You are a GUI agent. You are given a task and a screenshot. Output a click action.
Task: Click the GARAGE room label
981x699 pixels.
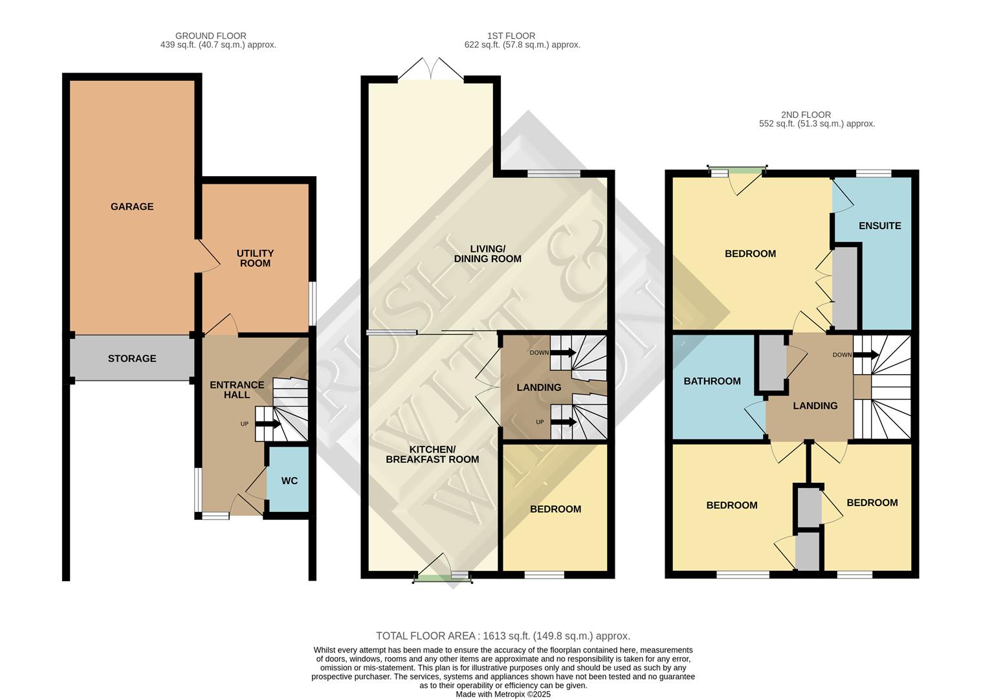pyautogui.click(x=132, y=206)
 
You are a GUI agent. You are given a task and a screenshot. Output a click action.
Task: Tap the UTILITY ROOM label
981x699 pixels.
pyautogui.click(x=255, y=258)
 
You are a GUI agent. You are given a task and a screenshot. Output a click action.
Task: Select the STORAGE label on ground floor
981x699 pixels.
pyautogui.click(x=132, y=358)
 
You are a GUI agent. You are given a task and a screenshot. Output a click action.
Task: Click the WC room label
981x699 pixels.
pyautogui.click(x=289, y=480)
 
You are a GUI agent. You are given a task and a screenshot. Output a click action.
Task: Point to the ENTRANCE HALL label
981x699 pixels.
pyautogui.click(x=237, y=390)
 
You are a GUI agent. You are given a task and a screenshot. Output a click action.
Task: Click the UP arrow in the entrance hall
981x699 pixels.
pyautogui.click(x=267, y=425)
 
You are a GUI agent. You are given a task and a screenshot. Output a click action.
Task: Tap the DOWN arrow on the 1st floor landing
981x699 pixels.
pyautogui.click(x=562, y=353)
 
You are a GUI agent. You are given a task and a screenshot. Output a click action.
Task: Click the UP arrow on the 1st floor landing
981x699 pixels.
pyautogui.click(x=562, y=423)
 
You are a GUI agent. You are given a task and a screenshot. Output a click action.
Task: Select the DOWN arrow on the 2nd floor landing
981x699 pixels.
pyautogui.click(x=865, y=355)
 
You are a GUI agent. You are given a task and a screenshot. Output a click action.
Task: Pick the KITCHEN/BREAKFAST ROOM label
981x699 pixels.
pyautogui.click(x=432, y=454)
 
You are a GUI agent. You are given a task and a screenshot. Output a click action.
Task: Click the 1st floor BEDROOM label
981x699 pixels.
pyautogui.click(x=555, y=509)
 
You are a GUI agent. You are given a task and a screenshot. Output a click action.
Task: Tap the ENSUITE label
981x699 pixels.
pyautogui.click(x=879, y=226)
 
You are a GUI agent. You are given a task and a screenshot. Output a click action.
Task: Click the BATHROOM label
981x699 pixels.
pyautogui.click(x=712, y=381)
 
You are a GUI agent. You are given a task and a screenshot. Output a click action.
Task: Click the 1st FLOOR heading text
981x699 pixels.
pyautogui.click(x=511, y=36)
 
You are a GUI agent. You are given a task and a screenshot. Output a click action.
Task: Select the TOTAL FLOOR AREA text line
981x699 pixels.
pyautogui.click(x=503, y=636)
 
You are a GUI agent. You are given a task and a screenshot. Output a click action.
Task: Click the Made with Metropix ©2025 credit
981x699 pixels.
pyautogui.click(x=503, y=694)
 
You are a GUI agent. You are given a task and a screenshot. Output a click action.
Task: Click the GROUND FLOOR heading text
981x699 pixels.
pyautogui.click(x=211, y=36)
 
